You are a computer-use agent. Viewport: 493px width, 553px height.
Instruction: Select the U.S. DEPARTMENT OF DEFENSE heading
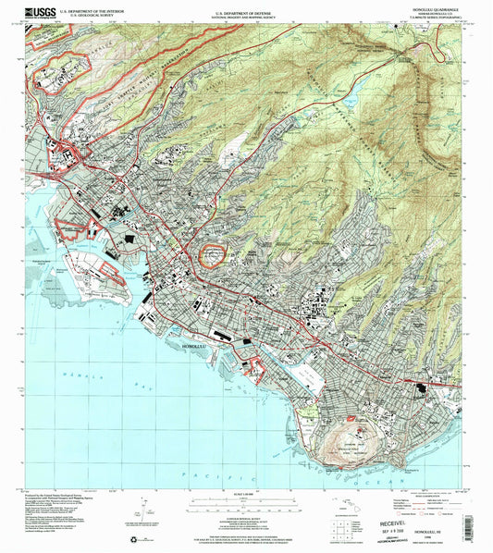(246, 9)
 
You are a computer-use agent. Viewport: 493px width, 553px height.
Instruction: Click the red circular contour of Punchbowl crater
(214, 252)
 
